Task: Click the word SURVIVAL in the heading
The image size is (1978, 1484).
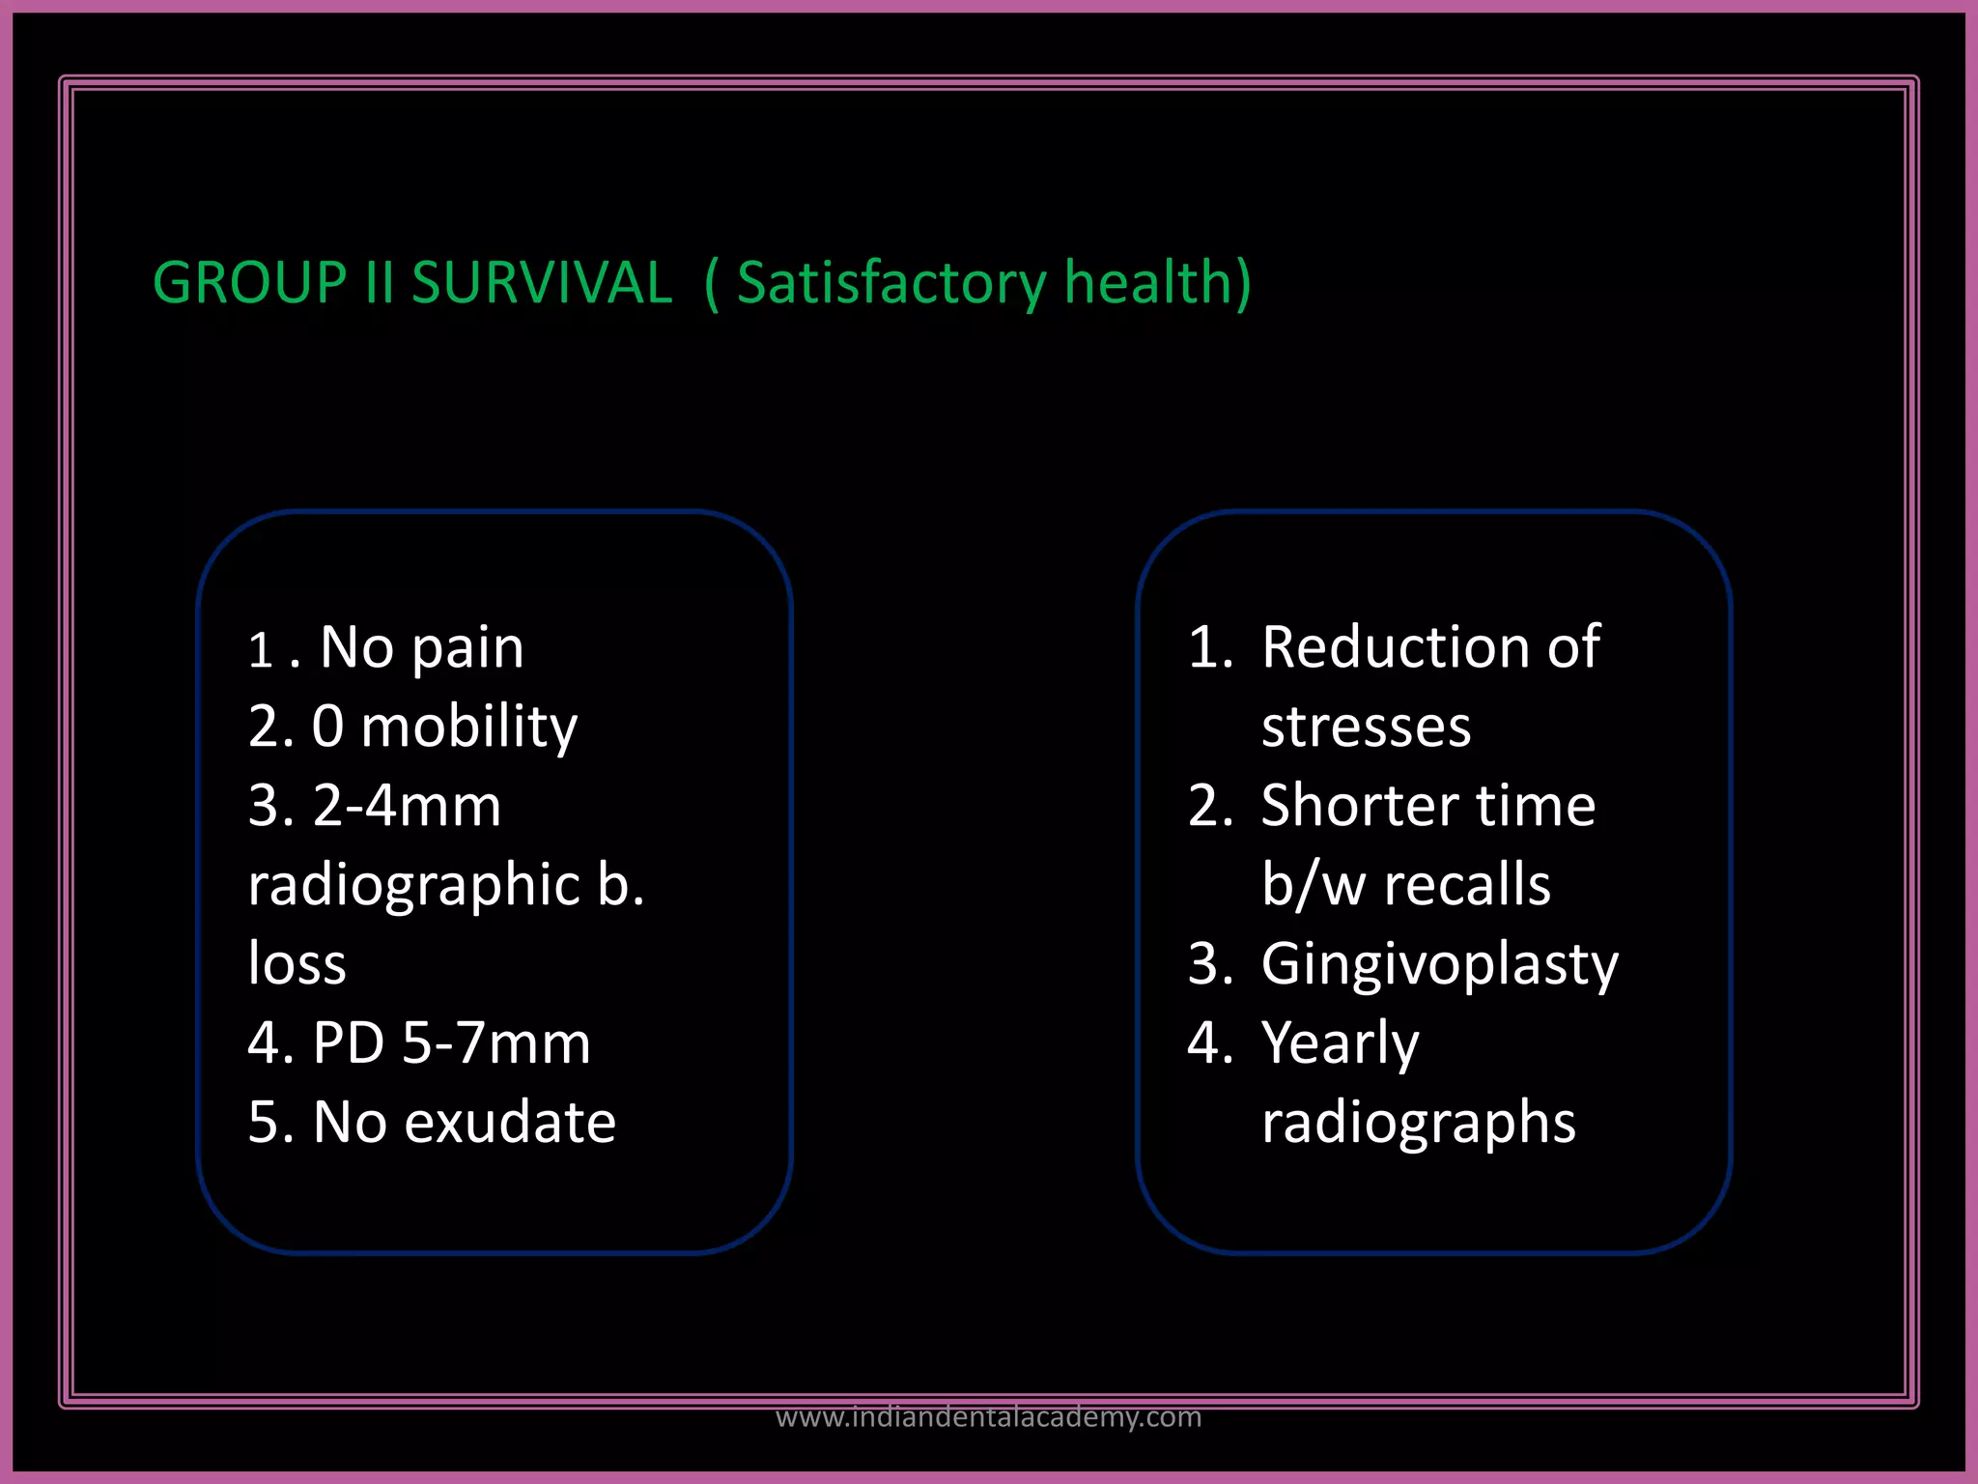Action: click(541, 283)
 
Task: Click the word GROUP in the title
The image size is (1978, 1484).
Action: click(249, 283)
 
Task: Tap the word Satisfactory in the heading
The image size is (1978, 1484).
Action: click(890, 283)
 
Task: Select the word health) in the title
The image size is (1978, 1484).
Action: click(1157, 283)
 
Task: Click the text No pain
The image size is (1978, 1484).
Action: click(421, 647)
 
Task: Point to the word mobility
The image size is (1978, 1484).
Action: click(468, 727)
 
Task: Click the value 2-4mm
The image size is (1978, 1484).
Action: click(407, 806)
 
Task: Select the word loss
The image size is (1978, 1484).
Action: click(297, 964)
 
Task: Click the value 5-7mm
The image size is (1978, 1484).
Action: click(495, 1043)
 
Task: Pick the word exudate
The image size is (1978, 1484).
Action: click(510, 1123)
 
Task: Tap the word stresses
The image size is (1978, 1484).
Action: click(1366, 727)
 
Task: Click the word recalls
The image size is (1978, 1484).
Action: click(1467, 885)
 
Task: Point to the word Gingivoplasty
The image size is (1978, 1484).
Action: click(1439, 964)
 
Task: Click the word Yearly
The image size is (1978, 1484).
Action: click(1340, 1043)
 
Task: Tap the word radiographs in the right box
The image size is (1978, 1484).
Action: click(1418, 1123)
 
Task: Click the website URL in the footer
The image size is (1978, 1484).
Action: click(988, 1417)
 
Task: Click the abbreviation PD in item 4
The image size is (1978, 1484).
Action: click(349, 1043)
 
